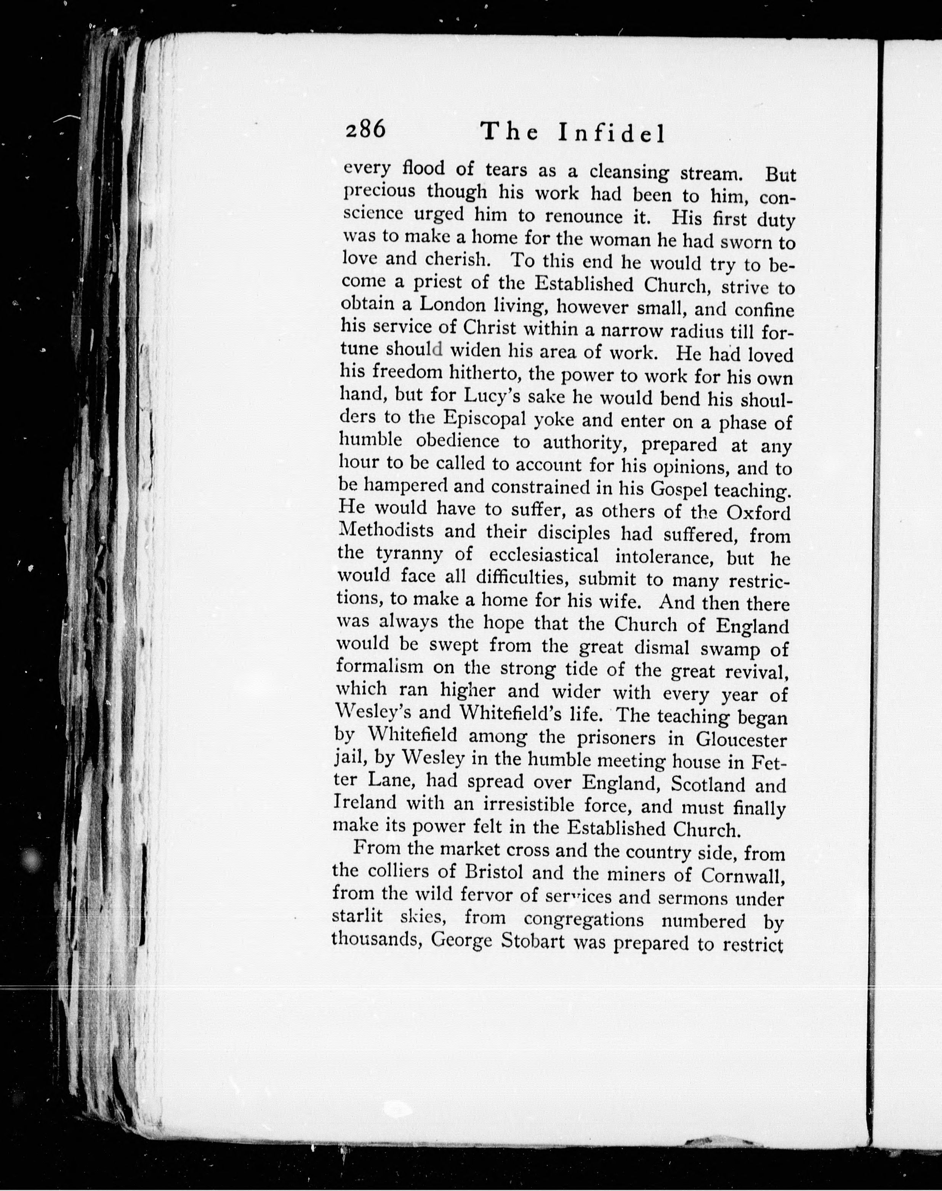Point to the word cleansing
pyautogui.click(x=629, y=172)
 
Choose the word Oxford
pyautogui.click(x=758, y=513)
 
